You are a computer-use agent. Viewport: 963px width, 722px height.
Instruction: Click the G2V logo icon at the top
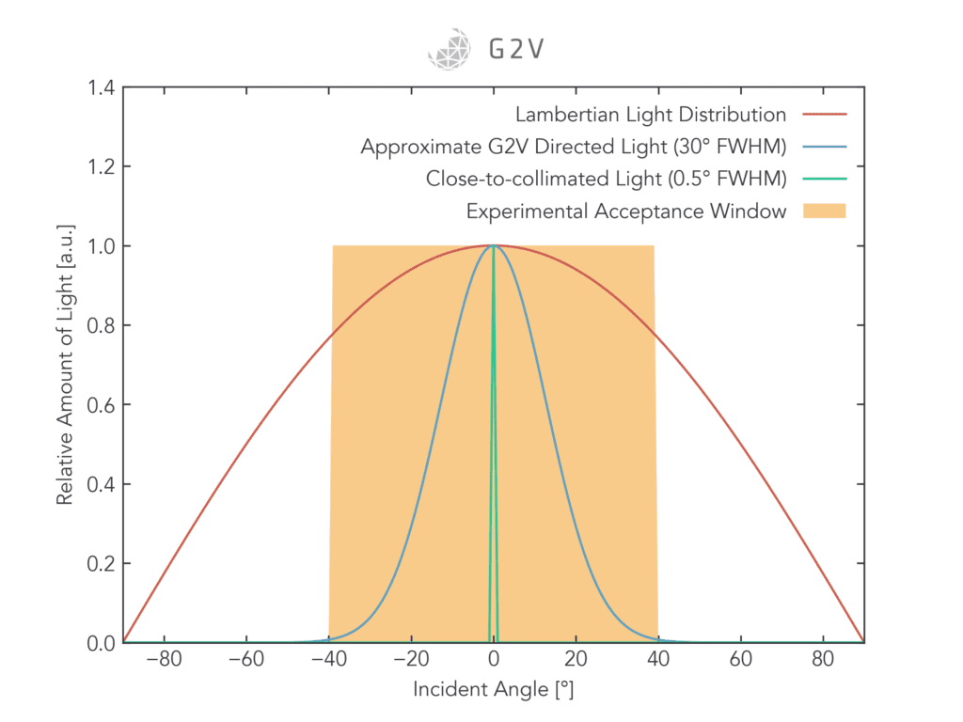(448, 48)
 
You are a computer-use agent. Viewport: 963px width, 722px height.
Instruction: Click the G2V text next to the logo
(515, 49)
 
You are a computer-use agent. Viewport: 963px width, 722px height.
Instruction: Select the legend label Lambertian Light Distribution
(651, 115)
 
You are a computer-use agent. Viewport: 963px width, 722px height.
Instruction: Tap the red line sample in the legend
(825, 115)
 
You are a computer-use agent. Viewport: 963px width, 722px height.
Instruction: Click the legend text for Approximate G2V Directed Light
(573, 148)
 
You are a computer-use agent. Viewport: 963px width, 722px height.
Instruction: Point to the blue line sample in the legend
(825, 148)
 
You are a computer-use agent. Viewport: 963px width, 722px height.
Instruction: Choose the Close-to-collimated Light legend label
(606, 179)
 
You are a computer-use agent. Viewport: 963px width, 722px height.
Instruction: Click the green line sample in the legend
(825, 179)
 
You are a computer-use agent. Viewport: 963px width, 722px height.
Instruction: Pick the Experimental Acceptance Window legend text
(626, 211)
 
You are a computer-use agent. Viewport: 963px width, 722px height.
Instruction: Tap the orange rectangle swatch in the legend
(825, 211)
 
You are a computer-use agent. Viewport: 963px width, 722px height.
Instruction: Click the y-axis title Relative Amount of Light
(64, 366)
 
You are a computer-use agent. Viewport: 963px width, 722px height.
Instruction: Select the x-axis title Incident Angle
(493, 690)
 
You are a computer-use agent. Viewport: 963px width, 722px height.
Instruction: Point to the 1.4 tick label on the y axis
(101, 88)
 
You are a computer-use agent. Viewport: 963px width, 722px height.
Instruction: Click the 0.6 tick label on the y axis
(101, 405)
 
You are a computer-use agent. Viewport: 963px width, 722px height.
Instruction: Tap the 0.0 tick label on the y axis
(101, 643)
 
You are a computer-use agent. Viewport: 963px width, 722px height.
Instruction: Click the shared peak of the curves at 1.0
(494, 245)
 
